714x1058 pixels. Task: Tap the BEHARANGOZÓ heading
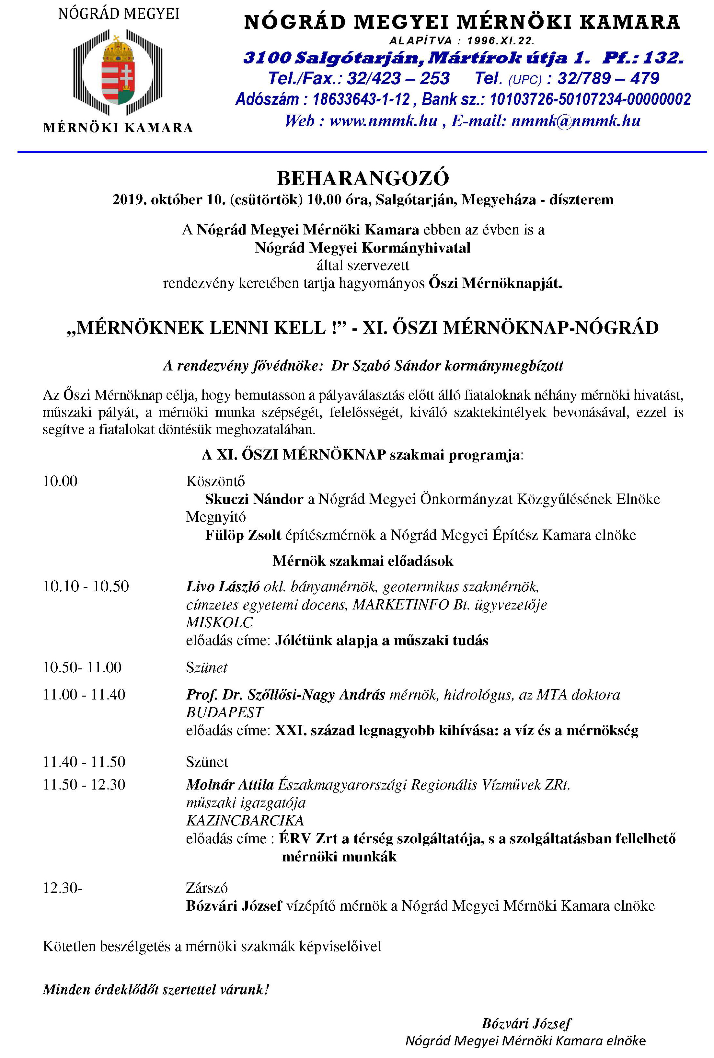[x=363, y=178]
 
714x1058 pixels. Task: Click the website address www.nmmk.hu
[x=384, y=121]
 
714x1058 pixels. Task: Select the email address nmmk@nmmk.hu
[x=576, y=121]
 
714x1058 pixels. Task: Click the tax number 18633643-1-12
[x=361, y=99]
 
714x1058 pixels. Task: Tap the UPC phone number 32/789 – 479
[x=608, y=78]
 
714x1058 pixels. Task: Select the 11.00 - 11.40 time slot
[x=84, y=695]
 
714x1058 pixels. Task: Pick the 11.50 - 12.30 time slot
[x=84, y=784]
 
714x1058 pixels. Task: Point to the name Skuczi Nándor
[x=254, y=499]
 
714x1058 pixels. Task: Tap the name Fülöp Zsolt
[x=243, y=535]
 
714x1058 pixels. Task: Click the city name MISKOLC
[x=220, y=622]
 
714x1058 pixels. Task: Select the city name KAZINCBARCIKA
[x=245, y=820]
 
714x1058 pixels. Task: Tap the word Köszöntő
[x=215, y=481]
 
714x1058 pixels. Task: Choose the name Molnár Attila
[x=230, y=784]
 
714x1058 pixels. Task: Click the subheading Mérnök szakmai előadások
[x=363, y=561]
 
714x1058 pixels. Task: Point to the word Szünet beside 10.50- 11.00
[x=207, y=668]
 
